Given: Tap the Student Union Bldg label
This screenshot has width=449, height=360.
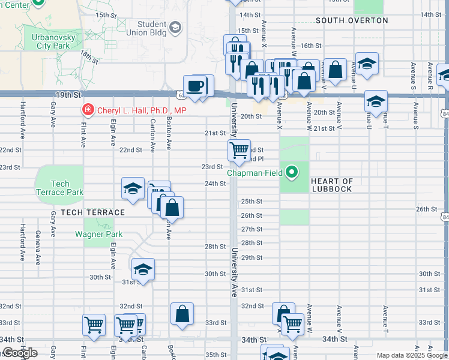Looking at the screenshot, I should (151, 28).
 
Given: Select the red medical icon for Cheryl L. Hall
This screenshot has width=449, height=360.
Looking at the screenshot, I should (88, 110).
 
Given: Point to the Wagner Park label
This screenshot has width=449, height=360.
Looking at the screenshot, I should (98, 234).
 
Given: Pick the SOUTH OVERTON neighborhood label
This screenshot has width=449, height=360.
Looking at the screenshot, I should (352, 20).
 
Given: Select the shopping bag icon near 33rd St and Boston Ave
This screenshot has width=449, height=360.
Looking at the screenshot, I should (182, 313).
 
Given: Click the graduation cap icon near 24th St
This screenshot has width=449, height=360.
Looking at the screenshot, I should (133, 189).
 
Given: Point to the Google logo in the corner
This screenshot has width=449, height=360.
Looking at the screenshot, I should (20, 353).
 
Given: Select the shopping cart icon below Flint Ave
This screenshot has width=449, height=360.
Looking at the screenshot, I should (94, 325).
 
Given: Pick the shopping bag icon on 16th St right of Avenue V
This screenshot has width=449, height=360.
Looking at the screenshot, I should (336, 70).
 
